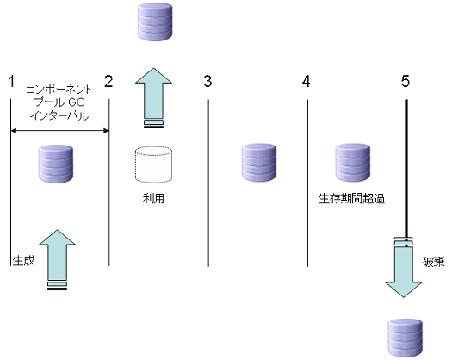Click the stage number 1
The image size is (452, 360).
11,81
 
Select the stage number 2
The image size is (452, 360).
108,81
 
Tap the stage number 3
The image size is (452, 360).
207,81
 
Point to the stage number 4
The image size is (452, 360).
306,81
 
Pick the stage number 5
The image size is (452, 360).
406,81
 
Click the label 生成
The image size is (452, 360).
23,261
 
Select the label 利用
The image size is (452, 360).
153,198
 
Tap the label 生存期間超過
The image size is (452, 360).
351,199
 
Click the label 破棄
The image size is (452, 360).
434,262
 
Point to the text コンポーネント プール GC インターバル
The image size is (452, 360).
59,102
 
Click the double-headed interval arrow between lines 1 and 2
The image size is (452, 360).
59,131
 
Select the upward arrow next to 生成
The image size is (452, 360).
57,259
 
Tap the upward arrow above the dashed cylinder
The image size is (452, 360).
153,98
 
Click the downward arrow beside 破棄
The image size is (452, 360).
404,267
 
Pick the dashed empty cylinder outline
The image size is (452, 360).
153,164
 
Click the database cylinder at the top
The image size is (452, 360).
155,22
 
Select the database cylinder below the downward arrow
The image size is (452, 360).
406,338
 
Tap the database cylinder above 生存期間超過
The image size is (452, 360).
352,163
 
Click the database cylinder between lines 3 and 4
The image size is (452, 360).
259,163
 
